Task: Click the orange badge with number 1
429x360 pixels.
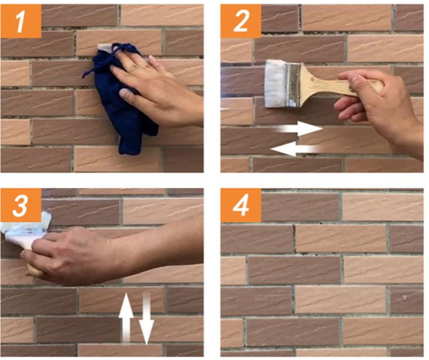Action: [x=21, y=21]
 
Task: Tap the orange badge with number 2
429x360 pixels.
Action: [x=241, y=21]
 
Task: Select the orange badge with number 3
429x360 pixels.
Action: [x=21, y=205]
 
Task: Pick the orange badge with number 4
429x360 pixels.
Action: [x=241, y=205]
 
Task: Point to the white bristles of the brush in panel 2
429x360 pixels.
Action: [x=276, y=83]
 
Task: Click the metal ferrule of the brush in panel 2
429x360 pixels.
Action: [x=294, y=85]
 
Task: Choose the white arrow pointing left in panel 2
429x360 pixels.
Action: [x=295, y=149]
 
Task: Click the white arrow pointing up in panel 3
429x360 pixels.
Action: [x=126, y=318]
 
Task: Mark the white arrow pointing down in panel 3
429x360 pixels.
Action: [x=146, y=319]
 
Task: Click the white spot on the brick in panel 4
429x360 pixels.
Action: [x=405, y=297]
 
